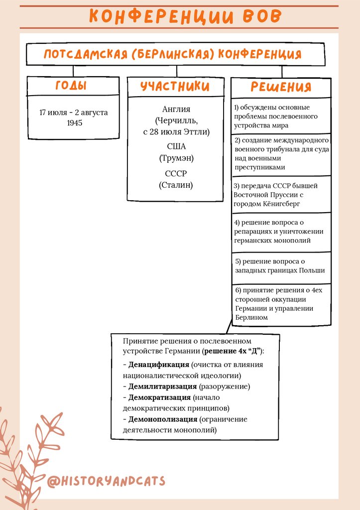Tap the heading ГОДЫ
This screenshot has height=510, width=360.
(71, 86)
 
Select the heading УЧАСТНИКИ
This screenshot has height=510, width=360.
(175, 86)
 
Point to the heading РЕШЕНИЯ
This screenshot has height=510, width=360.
(281, 87)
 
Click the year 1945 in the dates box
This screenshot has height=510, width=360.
(74, 123)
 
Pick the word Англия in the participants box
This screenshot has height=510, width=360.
(176, 109)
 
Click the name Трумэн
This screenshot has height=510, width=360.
(176, 158)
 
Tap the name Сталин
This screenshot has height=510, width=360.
(176, 185)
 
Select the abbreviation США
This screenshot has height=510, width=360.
(176, 146)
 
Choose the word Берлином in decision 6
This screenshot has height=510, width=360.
(251, 317)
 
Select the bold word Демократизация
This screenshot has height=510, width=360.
(159, 397)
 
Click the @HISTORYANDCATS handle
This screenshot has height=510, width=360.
(106, 481)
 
